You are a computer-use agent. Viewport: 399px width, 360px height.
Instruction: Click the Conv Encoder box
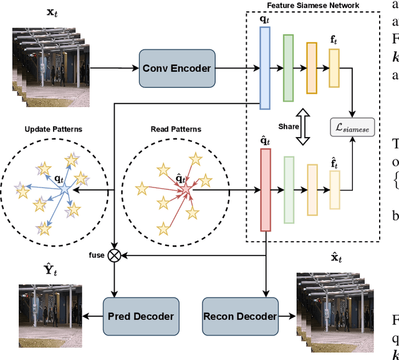pyautogui.click(x=176, y=69)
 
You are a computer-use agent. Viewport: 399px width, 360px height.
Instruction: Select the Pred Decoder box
pyautogui.click(x=138, y=316)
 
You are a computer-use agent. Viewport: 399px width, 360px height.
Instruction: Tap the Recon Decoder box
pyautogui.click(x=240, y=316)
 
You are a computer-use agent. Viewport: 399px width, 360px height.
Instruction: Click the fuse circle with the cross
pyautogui.click(x=115, y=254)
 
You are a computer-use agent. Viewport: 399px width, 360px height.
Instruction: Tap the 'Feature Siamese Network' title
pyautogui.click(x=322, y=6)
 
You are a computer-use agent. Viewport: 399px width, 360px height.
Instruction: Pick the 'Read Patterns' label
pyautogui.click(x=176, y=130)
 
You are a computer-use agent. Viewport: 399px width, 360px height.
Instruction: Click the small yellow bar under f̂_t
pyautogui.click(x=334, y=189)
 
